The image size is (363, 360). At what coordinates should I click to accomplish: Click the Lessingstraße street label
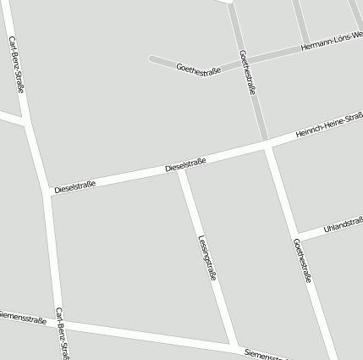[208, 257]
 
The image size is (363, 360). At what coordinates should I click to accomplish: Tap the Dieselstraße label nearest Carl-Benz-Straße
[74, 185]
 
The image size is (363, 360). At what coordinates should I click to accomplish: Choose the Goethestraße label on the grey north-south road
[248, 72]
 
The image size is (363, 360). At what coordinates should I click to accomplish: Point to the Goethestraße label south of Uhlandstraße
[303, 260]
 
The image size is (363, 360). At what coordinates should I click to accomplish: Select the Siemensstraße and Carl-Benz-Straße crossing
[60, 322]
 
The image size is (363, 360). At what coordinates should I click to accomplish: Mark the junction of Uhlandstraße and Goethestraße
[297, 237]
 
